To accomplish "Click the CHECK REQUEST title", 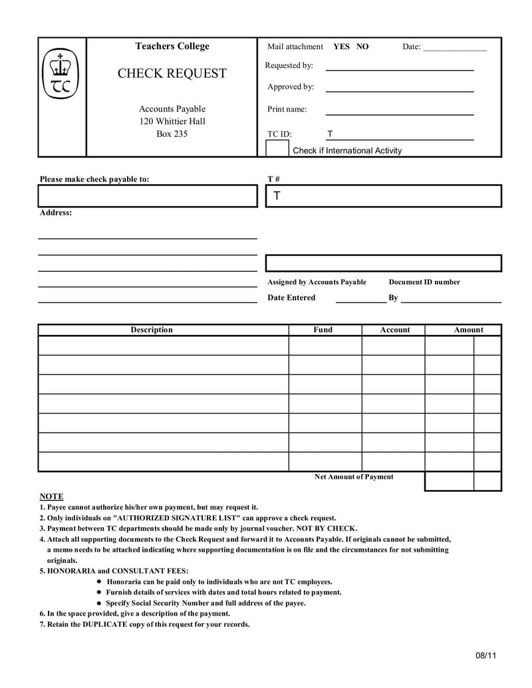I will click(172, 74).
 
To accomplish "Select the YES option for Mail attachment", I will click(341, 47).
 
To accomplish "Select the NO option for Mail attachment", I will click(362, 47).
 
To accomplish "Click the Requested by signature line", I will click(399, 69).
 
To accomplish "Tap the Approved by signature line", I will click(399, 90).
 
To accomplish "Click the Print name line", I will click(399, 114).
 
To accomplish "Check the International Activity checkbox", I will click(277, 148).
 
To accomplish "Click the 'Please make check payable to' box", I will click(148, 196).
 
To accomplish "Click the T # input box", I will click(384, 196).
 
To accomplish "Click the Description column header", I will click(152, 330).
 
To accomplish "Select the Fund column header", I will click(323, 330).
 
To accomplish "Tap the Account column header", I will click(395, 330).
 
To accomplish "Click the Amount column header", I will click(468, 330).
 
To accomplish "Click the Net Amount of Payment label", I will click(354, 477).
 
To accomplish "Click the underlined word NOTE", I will click(51, 497).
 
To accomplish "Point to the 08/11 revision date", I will click(486, 655).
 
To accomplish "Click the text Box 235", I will click(172, 134).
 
